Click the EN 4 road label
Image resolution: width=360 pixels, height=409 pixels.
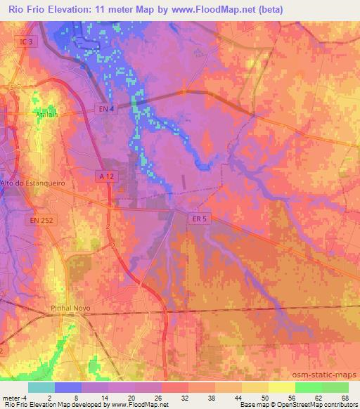coord(105,108)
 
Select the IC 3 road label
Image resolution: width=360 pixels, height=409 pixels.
coord(26,42)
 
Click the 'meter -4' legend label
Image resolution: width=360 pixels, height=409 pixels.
coord(15,397)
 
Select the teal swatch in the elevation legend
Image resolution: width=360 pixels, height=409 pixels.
coord(41,387)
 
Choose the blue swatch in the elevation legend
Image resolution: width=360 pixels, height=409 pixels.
coord(68,387)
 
